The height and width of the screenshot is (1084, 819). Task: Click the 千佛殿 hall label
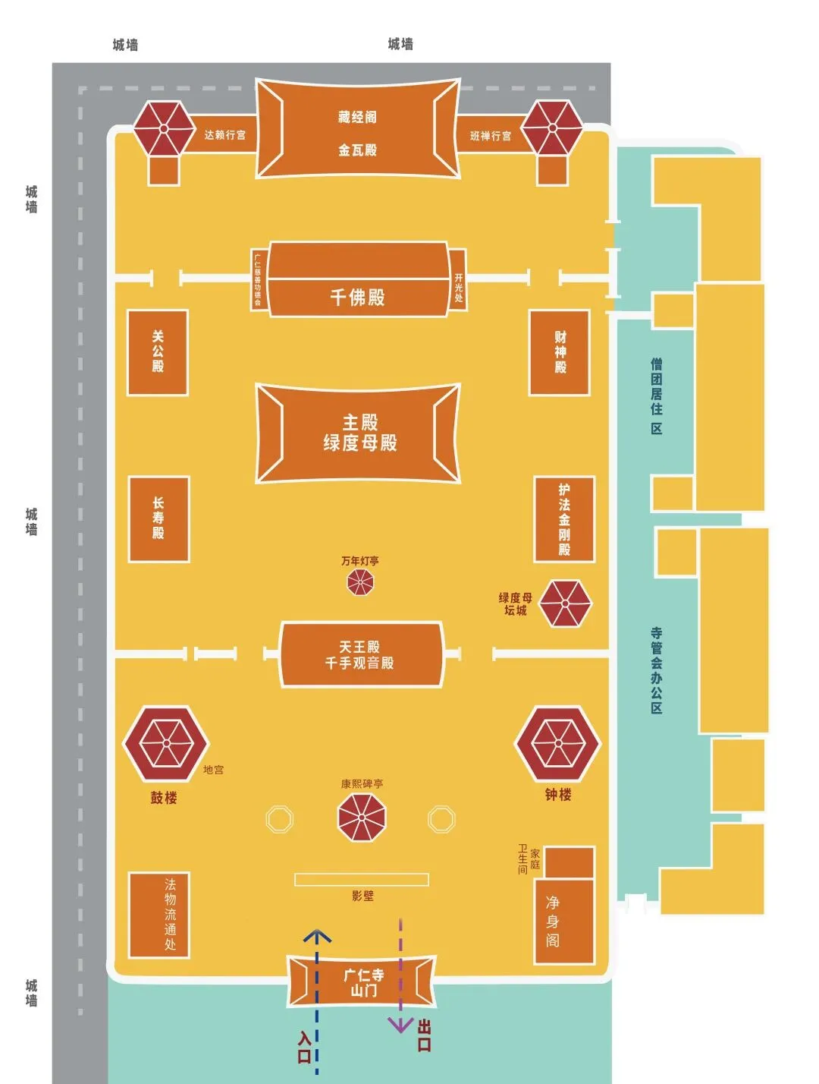pyautogui.click(x=357, y=297)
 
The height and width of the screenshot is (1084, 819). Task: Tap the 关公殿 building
pyautogui.click(x=158, y=352)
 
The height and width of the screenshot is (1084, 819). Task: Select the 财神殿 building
pyautogui.click(x=560, y=352)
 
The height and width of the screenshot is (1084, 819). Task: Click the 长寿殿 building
pyautogui.click(x=158, y=519)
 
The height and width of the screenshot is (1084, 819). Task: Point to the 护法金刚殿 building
pyautogui.click(x=564, y=519)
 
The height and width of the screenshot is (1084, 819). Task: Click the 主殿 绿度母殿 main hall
pyautogui.click(x=359, y=433)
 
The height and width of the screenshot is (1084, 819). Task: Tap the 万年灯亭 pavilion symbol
pyautogui.click(x=360, y=583)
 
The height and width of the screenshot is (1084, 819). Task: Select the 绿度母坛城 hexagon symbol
pyautogui.click(x=565, y=603)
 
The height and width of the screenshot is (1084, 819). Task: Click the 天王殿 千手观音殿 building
pyautogui.click(x=361, y=654)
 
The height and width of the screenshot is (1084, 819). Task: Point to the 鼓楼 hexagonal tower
pyautogui.click(x=165, y=743)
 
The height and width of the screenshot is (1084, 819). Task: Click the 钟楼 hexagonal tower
pyautogui.click(x=558, y=743)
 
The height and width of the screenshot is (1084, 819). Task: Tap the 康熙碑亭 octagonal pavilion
pyautogui.click(x=362, y=818)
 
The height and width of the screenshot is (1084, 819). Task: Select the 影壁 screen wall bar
pyautogui.click(x=362, y=879)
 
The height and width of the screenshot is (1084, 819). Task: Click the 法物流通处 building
pyautogui.click(x=158, y=915)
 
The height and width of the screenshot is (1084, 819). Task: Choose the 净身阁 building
pyautogui.click(x=563, y=921)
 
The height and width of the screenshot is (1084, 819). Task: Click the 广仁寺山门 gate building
pyautogui.click(x=362, y=982)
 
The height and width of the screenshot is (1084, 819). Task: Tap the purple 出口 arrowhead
pyautogui.click(x=400, y=1025)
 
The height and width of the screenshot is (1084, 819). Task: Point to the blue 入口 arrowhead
pyautogui.click(x=317, y=936)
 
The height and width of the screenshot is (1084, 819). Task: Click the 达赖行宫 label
pyautogui.click(x=224, y=135)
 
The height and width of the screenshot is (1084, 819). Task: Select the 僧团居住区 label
pyautogui.click(x=657, y=395)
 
